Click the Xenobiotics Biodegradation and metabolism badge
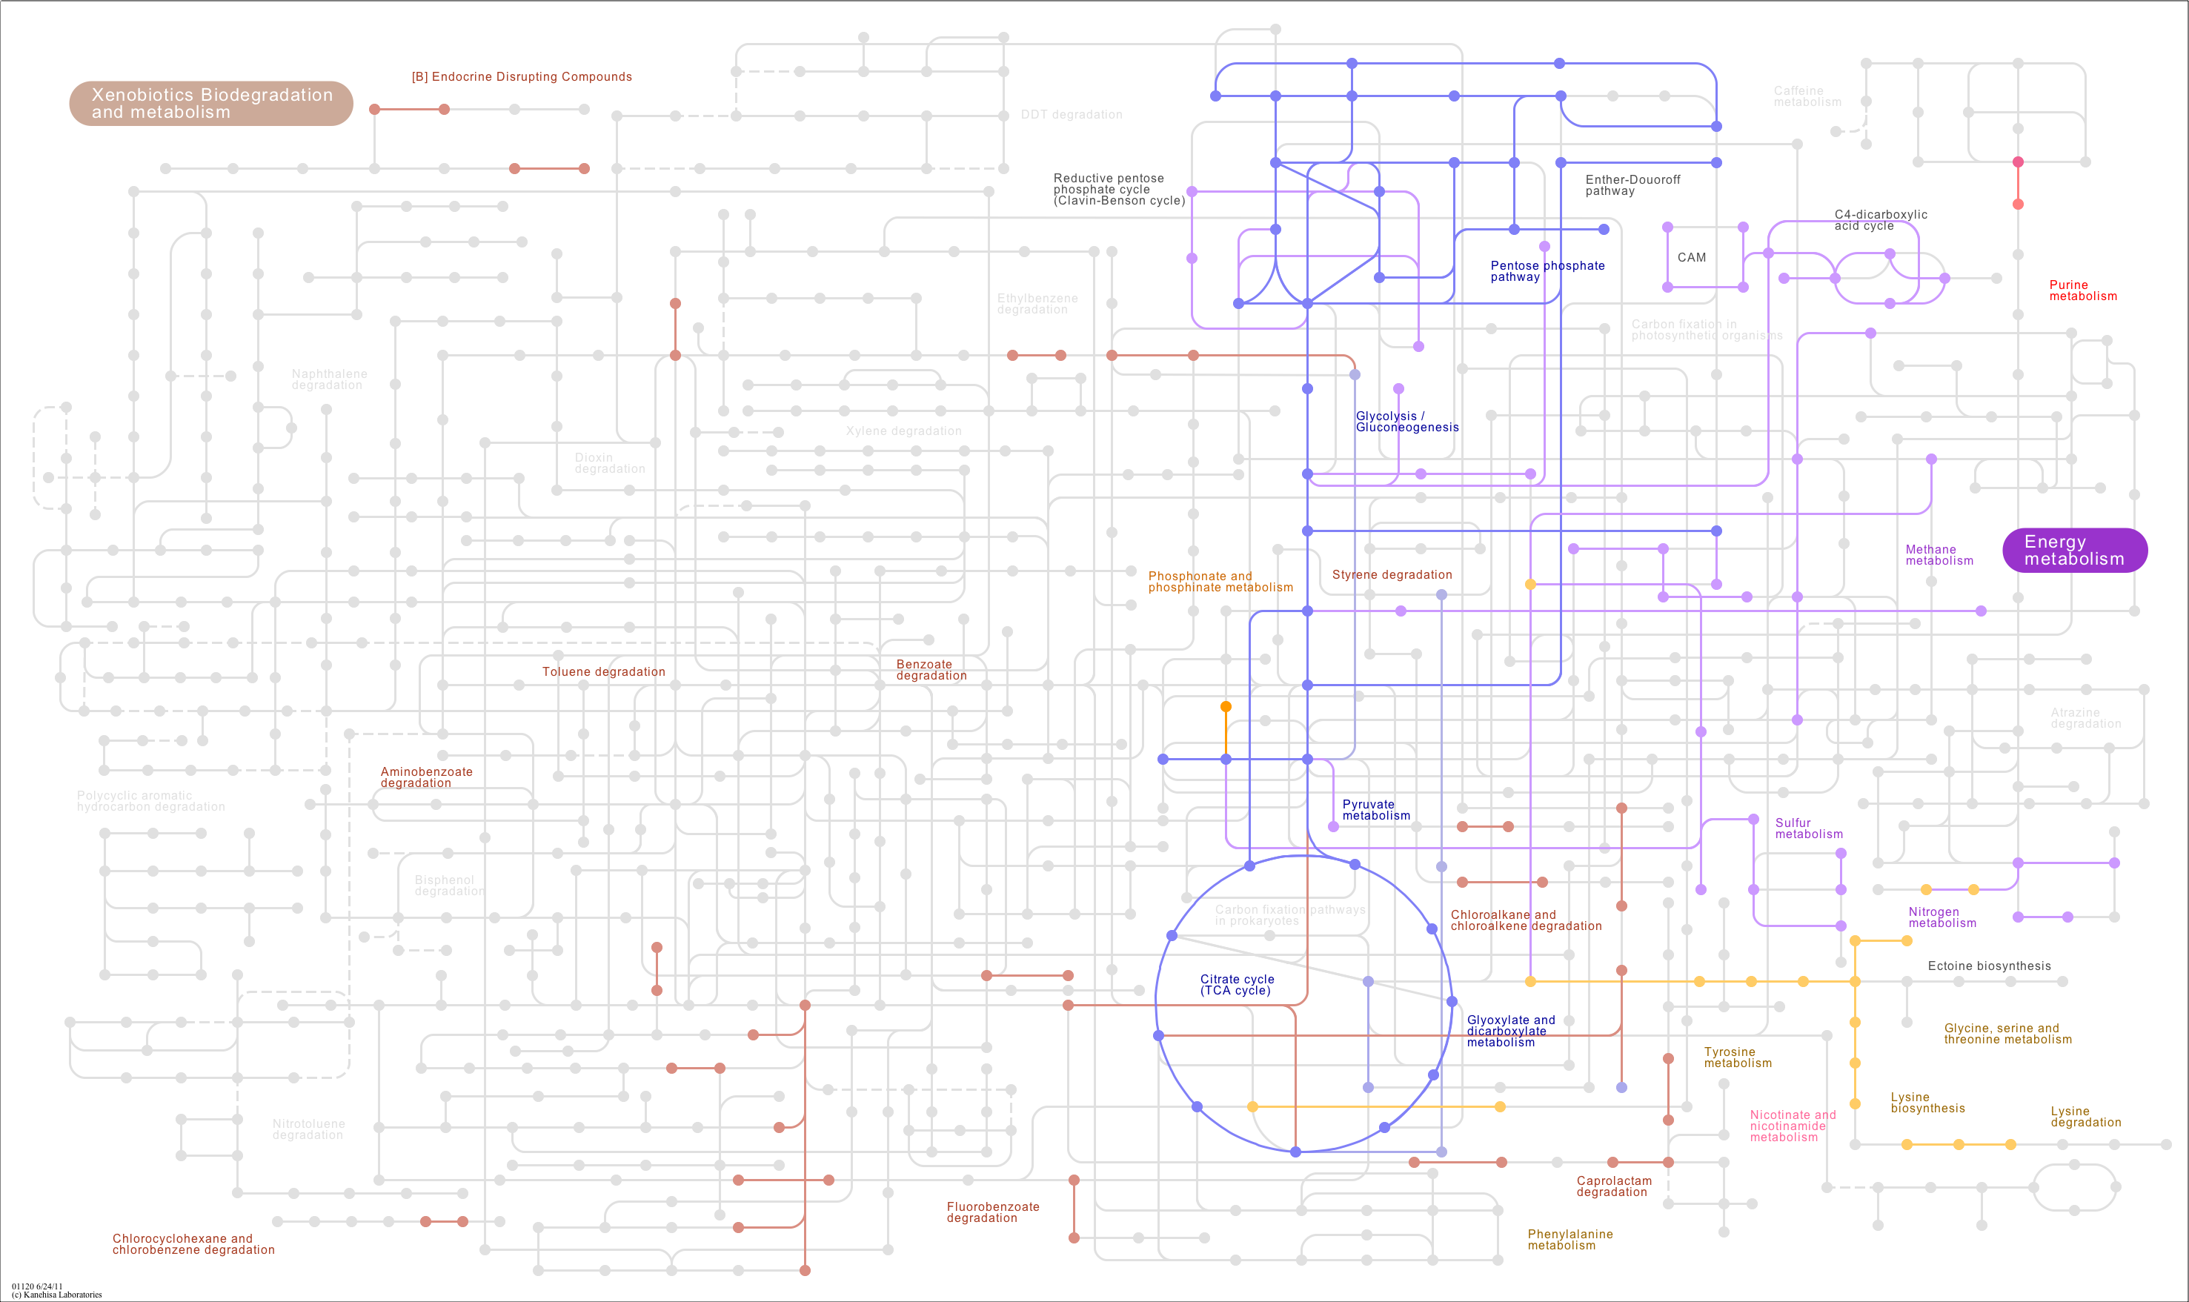click(210, 104)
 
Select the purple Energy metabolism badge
click(2074, 550)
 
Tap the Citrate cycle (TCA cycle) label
click(1236, 984)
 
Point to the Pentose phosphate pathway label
click(1547, 271)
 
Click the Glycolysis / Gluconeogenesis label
click(1406, 422)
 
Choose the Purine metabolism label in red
click(2082, 290)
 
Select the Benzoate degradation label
click(931, 671)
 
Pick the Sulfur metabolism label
click(1807, 828)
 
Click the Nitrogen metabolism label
click(1941, 917)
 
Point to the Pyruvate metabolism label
click(1375, 810)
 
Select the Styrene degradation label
click(1392, 574)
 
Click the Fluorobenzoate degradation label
click(992, 1212)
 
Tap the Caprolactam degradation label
click(1613, 1186)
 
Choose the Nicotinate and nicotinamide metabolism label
click(1792, 1126)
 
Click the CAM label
click(1691, 258)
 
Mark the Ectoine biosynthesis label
click(1989, 966)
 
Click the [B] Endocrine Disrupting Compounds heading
click(521, 77)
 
